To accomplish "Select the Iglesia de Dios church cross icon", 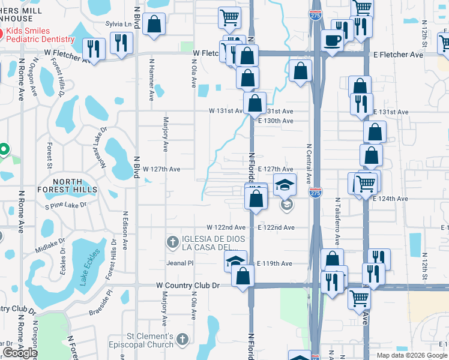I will click(173, 242).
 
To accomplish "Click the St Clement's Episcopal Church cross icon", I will click(184, 340).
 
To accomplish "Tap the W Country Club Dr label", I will click(182, 286).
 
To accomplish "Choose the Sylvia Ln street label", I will click(118, 23).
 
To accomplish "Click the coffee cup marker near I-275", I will click(333, 41).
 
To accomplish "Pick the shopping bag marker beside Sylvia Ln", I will click(154, 25).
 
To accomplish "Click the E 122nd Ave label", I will click(276, 228).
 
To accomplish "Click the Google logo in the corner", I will click(20, 353).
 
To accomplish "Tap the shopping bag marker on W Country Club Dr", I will click(243, 277).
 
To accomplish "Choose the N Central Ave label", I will click(309, 163).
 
